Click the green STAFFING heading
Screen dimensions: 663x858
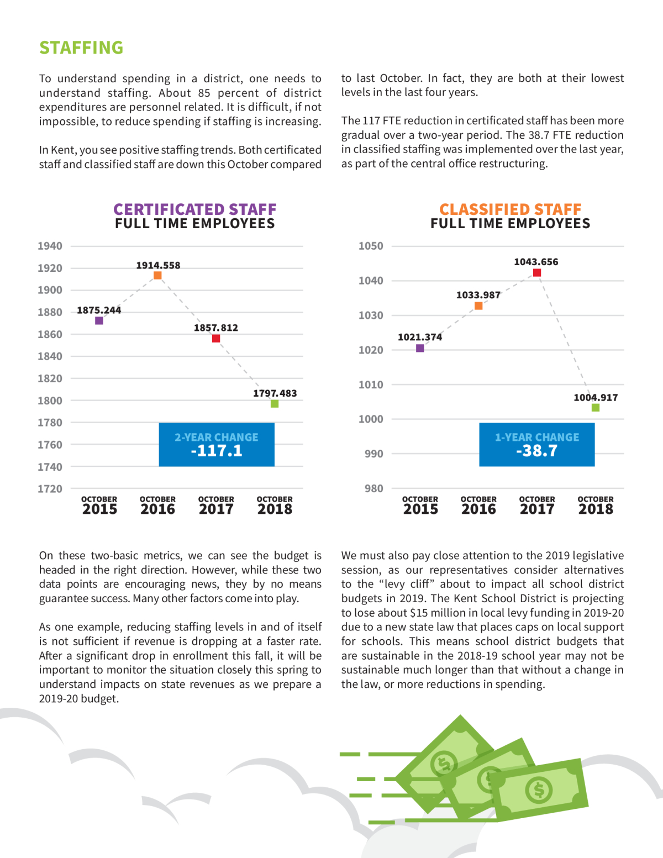pos(81,48)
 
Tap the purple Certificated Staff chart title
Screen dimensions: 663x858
pos(195,209)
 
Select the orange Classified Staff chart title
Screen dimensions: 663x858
pos(510,209)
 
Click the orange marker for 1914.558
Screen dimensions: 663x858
pos(157,275)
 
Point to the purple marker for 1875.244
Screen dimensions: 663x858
pos(99,320)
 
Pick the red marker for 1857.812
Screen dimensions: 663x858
pos(216,338)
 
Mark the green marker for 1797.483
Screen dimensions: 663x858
pos(275,403)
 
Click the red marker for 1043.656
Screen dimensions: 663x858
pos(537,272)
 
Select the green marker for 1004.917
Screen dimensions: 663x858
pos(596,408)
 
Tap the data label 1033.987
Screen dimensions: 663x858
pos(478,295)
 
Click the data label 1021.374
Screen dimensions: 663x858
pos(420,337)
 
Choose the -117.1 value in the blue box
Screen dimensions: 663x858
pos(217,450)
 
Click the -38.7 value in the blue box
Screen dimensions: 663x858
pos(536,450)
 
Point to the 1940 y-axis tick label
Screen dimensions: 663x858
pos(50,246)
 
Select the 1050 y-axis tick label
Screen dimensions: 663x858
pos(371,246)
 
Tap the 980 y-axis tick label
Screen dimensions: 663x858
pos(374,488)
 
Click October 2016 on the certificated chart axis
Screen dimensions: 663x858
pos(157,506)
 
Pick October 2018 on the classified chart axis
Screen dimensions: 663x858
pos(596,506)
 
